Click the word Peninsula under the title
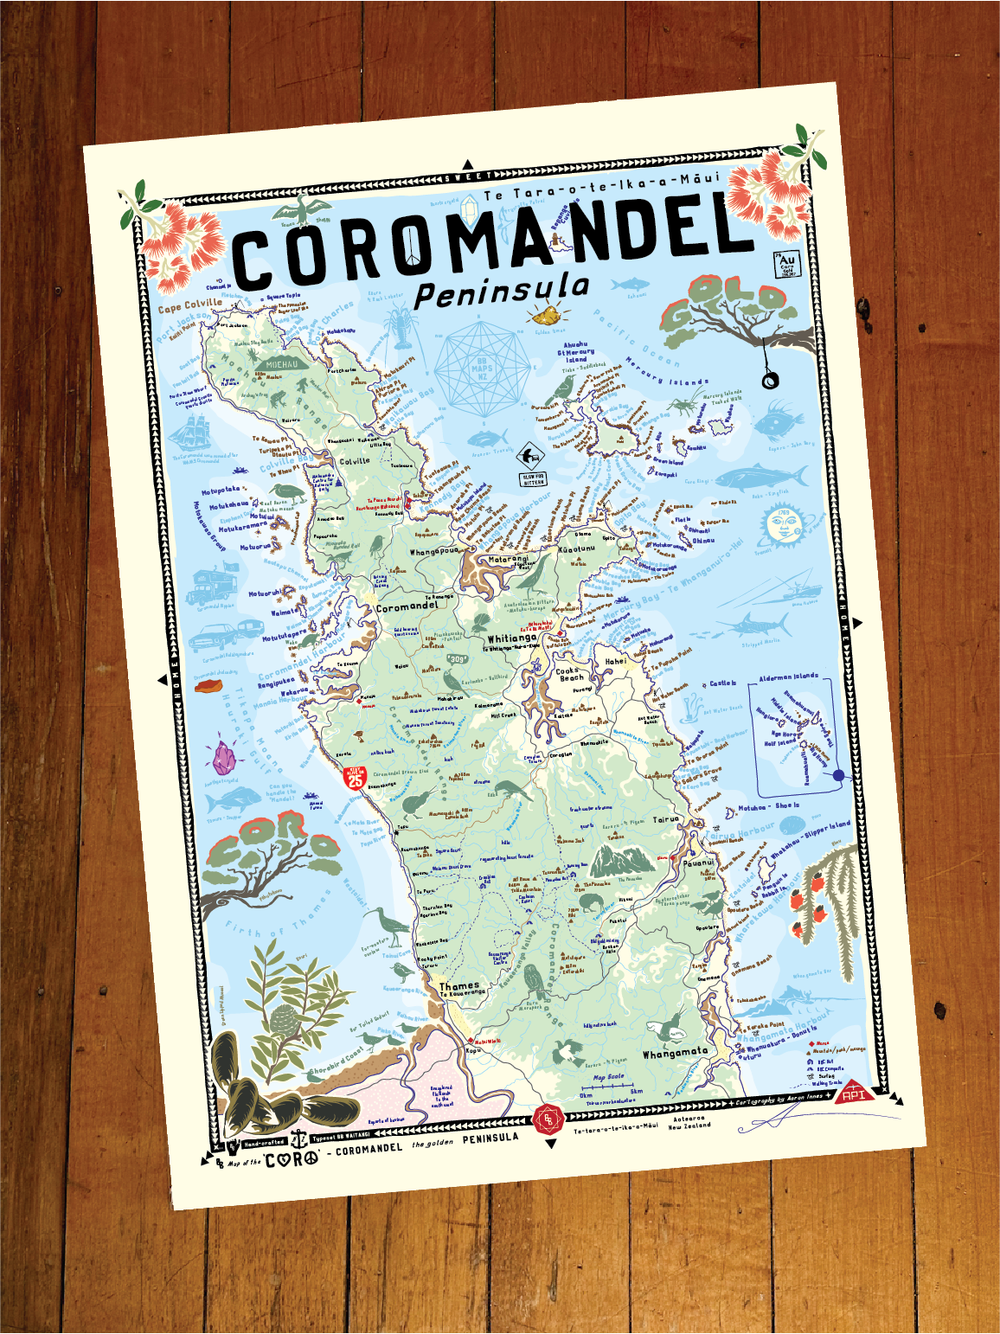[x=503, y=289]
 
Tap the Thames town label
[x=458, y=985]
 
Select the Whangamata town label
[x=675, y=1053]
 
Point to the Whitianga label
[x=512, y=638]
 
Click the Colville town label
[x=354, y=461]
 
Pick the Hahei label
[x=616, y=661]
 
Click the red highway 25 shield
[x=355, y=777]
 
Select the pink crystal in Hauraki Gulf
[x=225, y=758]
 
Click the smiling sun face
[x=781, y=526]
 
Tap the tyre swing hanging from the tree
[x=767, y=380]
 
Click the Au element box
[x=787, y=263]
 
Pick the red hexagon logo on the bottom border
[x=548, y=1120]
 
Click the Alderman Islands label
[x=788, y=677]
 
